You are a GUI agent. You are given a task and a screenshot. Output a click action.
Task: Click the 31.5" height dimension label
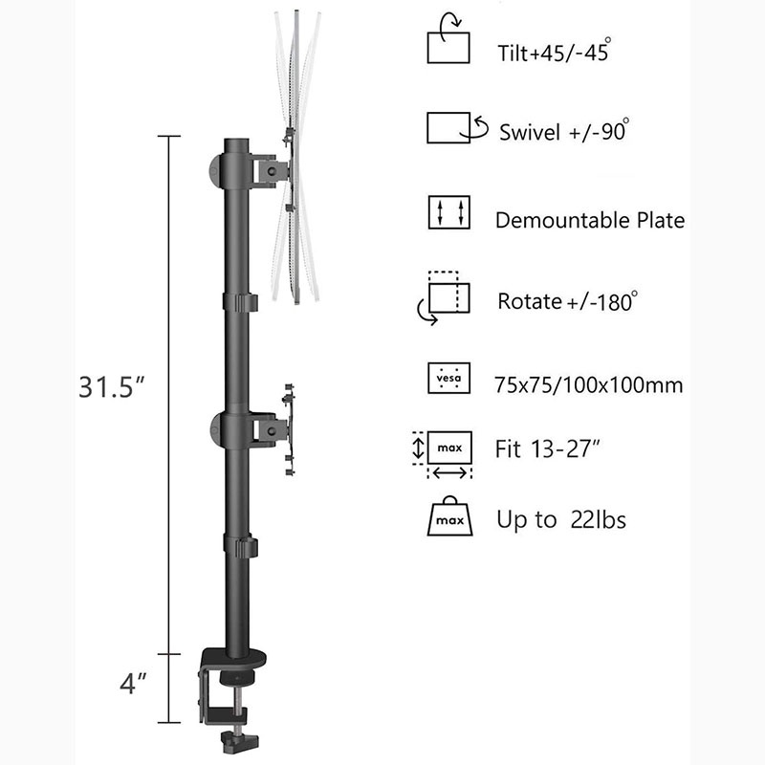tap(112, 387)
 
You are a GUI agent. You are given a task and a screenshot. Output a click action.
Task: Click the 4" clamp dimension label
tap(133, 683)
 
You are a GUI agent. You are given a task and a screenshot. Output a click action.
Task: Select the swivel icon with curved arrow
tap(457, 128)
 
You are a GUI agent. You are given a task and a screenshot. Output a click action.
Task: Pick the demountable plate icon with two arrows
tap(448, 212)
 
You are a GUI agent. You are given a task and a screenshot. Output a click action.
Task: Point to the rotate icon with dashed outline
tap(444, 297)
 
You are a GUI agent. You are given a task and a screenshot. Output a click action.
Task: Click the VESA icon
tap(448, 378)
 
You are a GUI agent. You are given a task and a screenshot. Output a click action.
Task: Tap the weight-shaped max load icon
tap(449, 516)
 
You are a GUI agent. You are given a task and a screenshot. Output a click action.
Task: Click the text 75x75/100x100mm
tap(588, 385)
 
